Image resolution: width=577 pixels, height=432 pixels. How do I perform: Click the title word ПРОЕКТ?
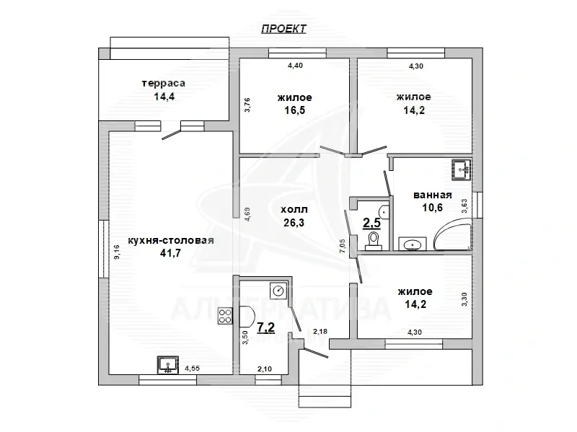point(283,29)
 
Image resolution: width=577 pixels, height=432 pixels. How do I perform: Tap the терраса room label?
point(164,84)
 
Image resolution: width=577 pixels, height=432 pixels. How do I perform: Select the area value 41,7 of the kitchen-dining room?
point(170,253)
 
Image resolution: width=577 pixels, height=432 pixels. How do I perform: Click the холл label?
point(294,210)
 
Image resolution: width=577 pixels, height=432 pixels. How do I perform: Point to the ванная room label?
point(432,195)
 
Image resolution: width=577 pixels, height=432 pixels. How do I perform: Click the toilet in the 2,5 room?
point(374,240)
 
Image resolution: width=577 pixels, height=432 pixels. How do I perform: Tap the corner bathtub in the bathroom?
point(453,234)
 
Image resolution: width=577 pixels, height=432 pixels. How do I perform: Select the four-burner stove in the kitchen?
point(225,316)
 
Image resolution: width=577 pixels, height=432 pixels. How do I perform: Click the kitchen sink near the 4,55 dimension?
point(168,365)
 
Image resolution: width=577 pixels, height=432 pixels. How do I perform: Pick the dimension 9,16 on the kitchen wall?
point(117,252)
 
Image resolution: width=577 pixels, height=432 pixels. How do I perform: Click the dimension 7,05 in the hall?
point(342,246)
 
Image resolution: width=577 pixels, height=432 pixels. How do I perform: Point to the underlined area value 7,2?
point(265,327)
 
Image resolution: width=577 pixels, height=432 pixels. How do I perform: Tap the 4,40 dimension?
point(295,66)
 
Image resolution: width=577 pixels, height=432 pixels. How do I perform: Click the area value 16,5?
point(295,110)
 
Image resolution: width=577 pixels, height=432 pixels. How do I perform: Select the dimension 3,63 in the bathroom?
point(464,206)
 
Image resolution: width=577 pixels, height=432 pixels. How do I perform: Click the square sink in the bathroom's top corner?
point(462,170)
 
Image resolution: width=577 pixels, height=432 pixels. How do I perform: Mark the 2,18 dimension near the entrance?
point(320,332)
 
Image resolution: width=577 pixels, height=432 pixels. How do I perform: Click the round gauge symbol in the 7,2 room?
point(278,291)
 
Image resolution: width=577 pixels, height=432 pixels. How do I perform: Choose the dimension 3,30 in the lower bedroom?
point(464,299)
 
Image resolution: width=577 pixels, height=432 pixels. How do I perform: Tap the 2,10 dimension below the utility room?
point(265,369)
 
